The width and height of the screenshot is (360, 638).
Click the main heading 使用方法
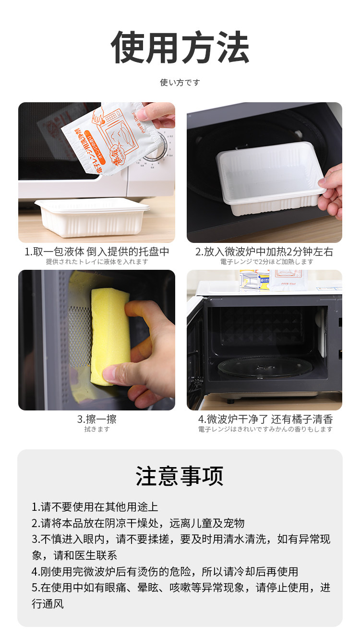coord(180,47)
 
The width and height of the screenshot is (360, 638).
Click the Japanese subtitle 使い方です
coord(180,83)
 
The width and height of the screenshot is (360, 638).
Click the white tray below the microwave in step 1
coord(92,217)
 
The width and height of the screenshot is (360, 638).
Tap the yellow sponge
coord(110,336)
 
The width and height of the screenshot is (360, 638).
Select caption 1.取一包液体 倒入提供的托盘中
coord(97,252)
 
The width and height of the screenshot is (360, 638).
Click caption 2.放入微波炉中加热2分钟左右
coord(264,252)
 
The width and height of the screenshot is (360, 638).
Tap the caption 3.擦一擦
coord(97,419)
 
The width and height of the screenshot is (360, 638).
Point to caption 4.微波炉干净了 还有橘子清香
coord(265,419)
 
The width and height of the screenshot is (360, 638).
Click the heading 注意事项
coord(180,476)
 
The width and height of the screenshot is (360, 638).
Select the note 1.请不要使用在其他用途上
coord(95,507)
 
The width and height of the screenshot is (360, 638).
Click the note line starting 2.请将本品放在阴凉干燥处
coord(138,523)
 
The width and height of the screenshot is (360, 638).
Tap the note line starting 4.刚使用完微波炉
coord(165,572)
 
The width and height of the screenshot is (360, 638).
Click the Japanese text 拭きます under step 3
coord(97,429)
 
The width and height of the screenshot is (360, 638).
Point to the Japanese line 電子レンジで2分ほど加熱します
coord(267,262)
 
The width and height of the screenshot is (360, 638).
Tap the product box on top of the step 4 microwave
coord(255,280)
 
